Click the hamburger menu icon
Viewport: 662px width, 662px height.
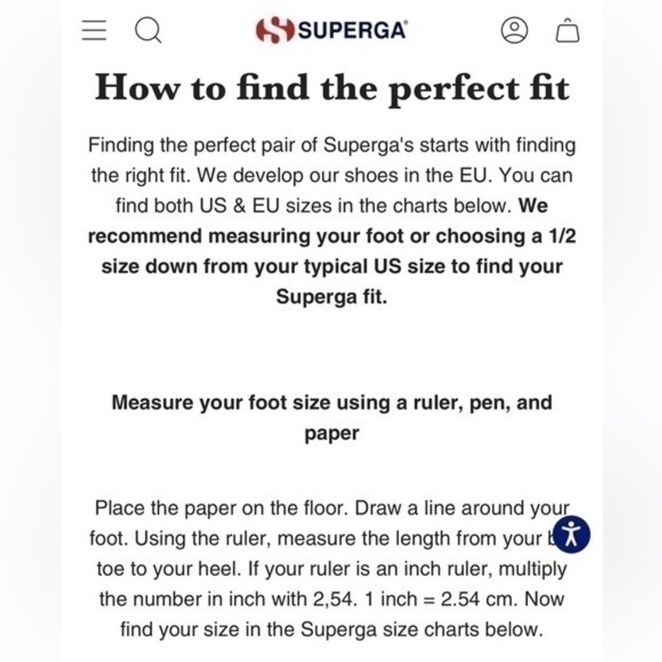tap(94, 31)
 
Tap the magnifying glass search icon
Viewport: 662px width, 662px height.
tap(148, 31)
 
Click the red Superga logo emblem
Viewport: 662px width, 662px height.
tap(275, 30)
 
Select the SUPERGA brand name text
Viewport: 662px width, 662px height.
tap(353, 30)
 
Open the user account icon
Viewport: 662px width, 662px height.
tap(514, 30)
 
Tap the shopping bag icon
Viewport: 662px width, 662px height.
tap(568, 30)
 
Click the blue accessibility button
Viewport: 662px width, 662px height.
tap(571, 534)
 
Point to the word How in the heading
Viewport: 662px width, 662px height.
tap(137, 87)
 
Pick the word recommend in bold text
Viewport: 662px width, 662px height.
tap(145, 236)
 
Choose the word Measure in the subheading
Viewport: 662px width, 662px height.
tap(153, 402)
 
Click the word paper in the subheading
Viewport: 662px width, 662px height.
tap(332, 434)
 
